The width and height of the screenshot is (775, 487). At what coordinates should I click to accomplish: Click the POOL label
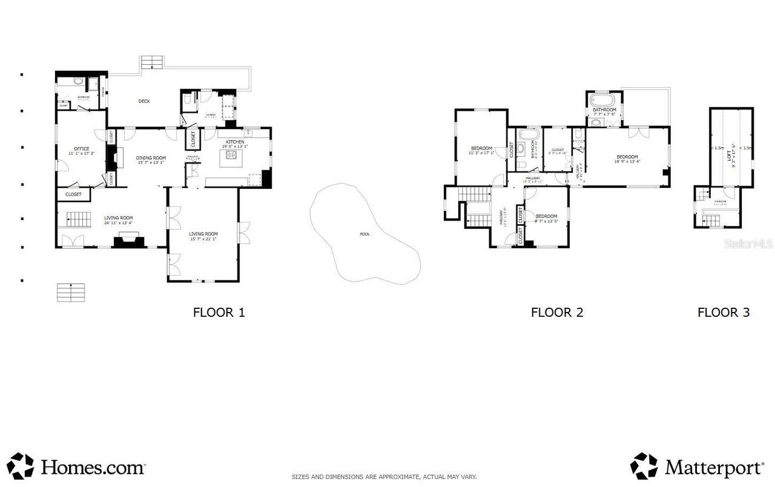[x=364, y=234]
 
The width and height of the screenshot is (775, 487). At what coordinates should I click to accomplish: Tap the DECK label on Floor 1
[x=144, y=101]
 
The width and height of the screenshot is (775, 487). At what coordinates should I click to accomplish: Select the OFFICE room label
[x=81, y=149]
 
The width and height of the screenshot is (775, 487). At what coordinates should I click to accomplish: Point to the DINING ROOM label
[x=151, y=157]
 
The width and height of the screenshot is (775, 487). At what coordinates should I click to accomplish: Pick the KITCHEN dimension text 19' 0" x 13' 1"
[x=235, y=147]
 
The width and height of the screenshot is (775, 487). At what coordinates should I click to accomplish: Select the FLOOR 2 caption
[x=556, y=313]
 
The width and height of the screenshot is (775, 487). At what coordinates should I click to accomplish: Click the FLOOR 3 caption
[x=723, y=313]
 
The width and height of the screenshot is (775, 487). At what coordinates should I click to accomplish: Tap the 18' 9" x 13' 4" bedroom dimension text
[x=627, y=162]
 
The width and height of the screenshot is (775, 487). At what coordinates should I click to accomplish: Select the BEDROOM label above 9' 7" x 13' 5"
[x=546, y=216]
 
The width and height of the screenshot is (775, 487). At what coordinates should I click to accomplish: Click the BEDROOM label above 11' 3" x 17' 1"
[x=481, y=148]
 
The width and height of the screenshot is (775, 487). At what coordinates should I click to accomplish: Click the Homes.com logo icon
[x=20, y=466]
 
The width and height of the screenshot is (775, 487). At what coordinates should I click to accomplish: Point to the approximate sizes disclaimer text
[x=384, y=477]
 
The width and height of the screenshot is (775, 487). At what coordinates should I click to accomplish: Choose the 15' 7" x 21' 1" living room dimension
[x=203, y=239]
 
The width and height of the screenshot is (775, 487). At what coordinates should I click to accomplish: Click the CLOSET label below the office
[x=73, y=194]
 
